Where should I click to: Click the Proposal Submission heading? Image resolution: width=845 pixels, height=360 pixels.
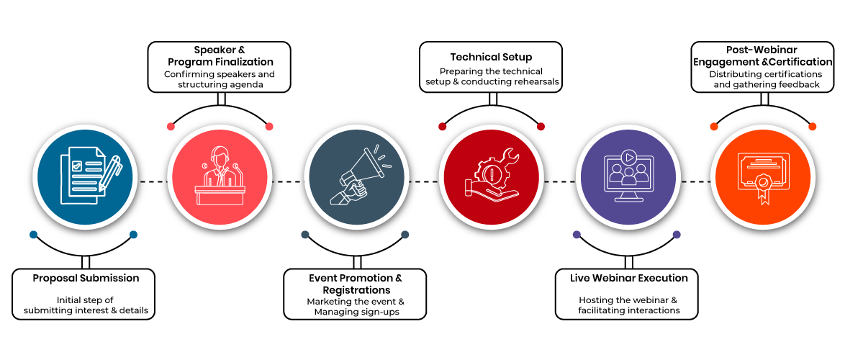[86, 279]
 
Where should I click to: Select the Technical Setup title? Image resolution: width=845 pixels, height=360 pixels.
[491, 57]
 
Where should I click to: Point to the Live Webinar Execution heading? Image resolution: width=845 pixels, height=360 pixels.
[629, 279]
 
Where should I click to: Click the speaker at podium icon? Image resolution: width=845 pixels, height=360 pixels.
[219, 176]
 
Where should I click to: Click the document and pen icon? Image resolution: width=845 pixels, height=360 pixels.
[89, 177]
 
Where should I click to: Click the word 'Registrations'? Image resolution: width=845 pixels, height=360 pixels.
[356, 291]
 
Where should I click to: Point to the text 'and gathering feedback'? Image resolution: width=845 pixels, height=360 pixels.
[762, 85]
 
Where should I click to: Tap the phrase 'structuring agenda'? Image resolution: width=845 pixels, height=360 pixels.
[219, 85]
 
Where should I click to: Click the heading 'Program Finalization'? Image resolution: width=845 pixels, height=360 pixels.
[220, 61]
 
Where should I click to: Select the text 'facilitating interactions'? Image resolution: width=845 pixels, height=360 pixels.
[628, 311]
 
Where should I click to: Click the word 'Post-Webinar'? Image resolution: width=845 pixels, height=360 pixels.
[762, 50]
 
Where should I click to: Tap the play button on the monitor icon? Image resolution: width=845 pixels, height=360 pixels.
[628, 158]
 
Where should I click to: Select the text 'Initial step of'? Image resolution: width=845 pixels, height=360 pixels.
[85, 300]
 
